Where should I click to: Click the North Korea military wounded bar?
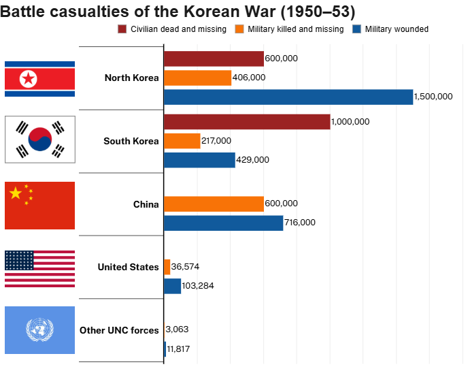pyautogui.click(x=288, y=97)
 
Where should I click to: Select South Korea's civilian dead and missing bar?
pyautogui.click(x=247, y=122)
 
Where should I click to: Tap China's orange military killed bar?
pyautogui.click(x=214, y=204)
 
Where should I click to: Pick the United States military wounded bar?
pyautogui.click(x=173, y=286)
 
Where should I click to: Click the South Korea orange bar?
pyautogui.click(x=182, y=141)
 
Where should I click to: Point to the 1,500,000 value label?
pyautogui.click(x=433, y=97)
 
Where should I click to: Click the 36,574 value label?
pyautogui.click(x=185, y=267)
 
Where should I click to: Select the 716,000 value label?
pyautogui.click(x=300, y=223)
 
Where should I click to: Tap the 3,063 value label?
pyautogui.click(x=178, y=329)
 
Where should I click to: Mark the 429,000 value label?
pyautogui.click(x=252, y=160)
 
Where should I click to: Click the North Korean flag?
pyautogui.click(x=39, y=79)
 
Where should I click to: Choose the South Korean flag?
pyautogui.click(x=39, y=140)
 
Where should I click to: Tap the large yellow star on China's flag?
pyautogui.click(x=16, y=193)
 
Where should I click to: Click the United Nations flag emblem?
pyautogui.click(x=39, y=330)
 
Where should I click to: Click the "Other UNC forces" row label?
pyautogui.click(x=119, y=330)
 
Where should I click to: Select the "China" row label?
pyautogui.click(x=146, y=204)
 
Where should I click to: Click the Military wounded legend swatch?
pyautogui.click(x=356, y=29)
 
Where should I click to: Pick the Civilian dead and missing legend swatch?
pyautogui.click(x=122, y=29)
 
